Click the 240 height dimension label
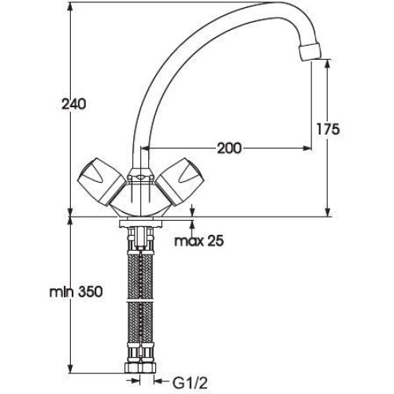73,104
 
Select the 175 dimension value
328,129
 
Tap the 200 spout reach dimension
229,148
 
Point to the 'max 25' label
199,240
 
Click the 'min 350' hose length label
76,292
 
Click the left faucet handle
102,181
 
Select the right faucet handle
180,181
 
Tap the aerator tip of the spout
310,53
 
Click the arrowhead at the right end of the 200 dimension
307,148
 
